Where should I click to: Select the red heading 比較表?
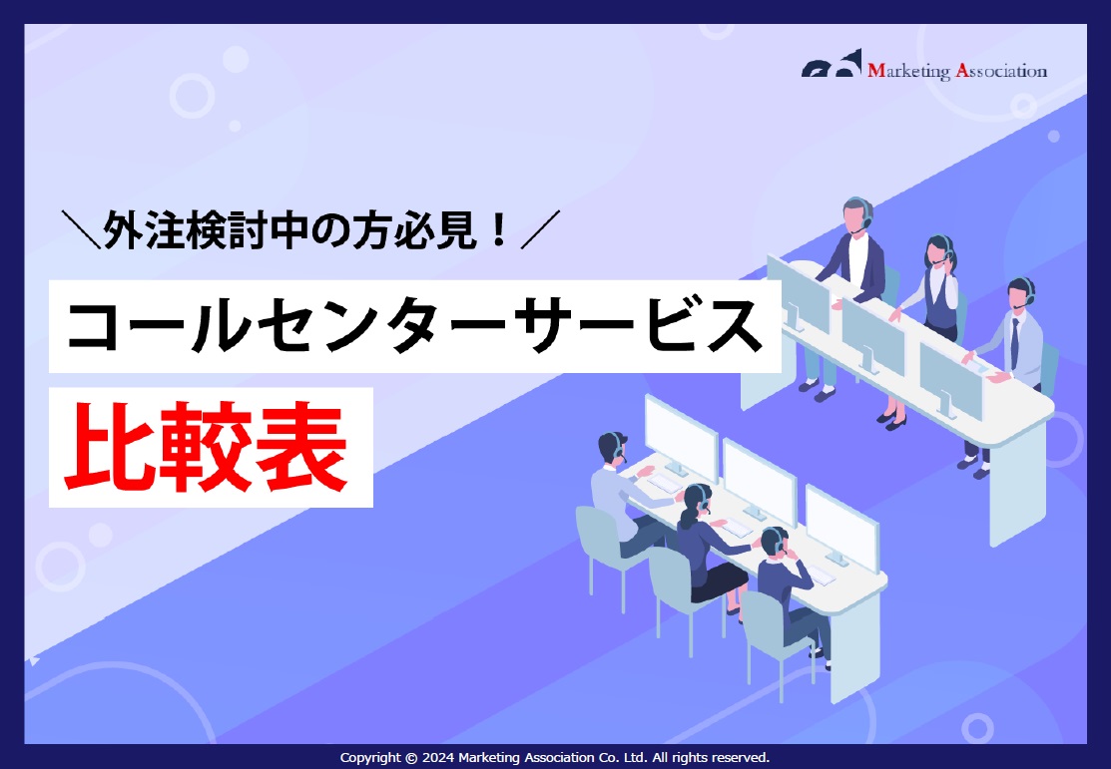tap(210, 448)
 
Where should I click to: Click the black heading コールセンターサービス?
tap(413, 327)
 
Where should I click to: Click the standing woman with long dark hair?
tap(938, 289)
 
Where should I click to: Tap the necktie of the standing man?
tap(1014, 344)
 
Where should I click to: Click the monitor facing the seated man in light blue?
tap(680, 439)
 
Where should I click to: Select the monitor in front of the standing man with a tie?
tap(949, 379)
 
